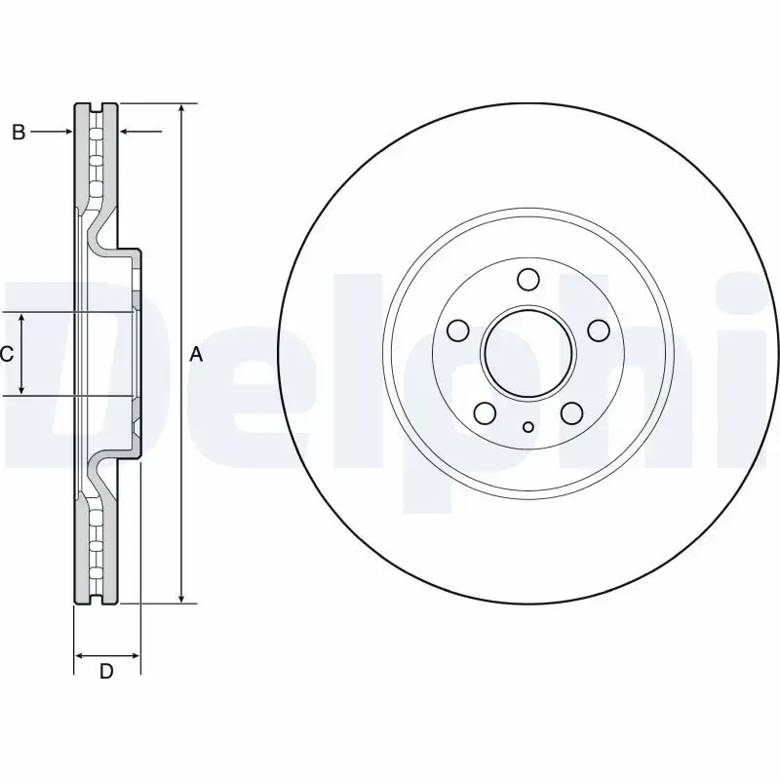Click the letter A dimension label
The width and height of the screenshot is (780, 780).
click(196, 356)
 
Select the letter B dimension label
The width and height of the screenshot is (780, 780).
click(18, 132)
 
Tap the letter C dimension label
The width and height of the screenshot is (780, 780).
click(6, 355)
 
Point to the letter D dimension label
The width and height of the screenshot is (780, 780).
click(107, 671)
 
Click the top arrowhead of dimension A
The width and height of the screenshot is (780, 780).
click(181, 108)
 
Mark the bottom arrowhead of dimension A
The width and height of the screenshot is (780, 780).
click(181, 596)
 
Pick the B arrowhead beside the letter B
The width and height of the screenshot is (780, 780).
click(68, 132)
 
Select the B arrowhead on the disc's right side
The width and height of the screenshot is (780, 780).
click(125, 132)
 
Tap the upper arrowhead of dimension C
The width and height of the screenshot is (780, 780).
click(22, 319)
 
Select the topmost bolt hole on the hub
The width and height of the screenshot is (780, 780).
click(527, 280)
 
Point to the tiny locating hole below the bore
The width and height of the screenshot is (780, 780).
click(527, 425)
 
